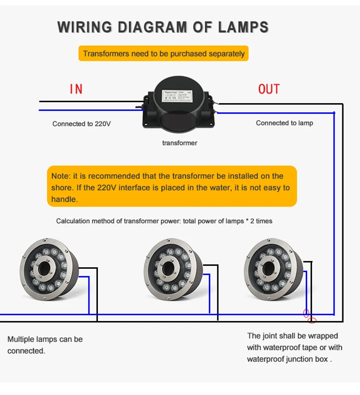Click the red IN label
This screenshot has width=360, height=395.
(x=76, y=89)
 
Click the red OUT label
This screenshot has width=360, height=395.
(x=269, y=89)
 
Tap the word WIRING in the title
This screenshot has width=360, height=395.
(x=86, y=27)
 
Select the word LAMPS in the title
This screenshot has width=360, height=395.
(x=243, y=27)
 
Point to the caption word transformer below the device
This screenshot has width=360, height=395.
(x=180, y=143)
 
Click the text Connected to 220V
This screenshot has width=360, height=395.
(x=82, y=124)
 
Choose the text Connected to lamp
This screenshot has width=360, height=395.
(x=284, y=123)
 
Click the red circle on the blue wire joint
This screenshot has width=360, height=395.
(x=306, y=313)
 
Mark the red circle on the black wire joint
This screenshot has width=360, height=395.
(x=312, y=321)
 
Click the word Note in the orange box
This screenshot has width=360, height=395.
(x=60, y=176)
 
